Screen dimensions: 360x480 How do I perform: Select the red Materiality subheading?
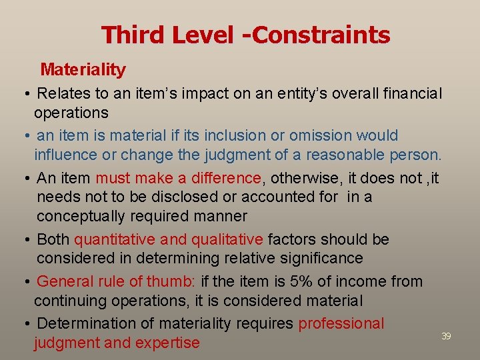(83, 69)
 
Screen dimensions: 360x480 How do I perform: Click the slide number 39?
(446, 336)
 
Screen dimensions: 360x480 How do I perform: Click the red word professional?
(341, 323)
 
